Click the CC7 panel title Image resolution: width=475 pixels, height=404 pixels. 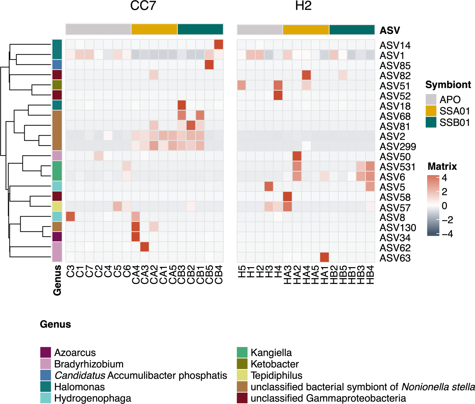click(x=143, y=6)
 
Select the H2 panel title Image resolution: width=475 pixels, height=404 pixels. click(x=303, y=6)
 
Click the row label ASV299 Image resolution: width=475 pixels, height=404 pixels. click(x=398, y=147)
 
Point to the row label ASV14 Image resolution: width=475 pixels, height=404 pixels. click(x=395, y=46)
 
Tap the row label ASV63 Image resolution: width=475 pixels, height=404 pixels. click(x=395, y=258)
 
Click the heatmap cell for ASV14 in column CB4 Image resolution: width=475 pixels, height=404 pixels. click(x=219, y=44)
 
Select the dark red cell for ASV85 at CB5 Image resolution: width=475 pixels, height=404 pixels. click(x=209, y=65)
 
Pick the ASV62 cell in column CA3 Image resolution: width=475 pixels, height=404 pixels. click(x=144, y=247)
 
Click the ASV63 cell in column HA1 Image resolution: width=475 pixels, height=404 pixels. click(x=324, y=257)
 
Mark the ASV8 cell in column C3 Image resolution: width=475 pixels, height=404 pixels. click(x=70, y=217)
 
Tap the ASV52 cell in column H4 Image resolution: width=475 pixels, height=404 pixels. click(x=278, y=95)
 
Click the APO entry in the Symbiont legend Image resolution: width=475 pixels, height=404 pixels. click(x=450, y=100)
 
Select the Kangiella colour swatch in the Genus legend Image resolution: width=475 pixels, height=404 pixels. click(x=242, y=353)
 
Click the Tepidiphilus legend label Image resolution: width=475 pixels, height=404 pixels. click(x=276, y=375)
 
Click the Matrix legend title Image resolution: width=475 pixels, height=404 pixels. click(x=442, y=166)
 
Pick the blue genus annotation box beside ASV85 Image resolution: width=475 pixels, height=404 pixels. click(x=57, y=65)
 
